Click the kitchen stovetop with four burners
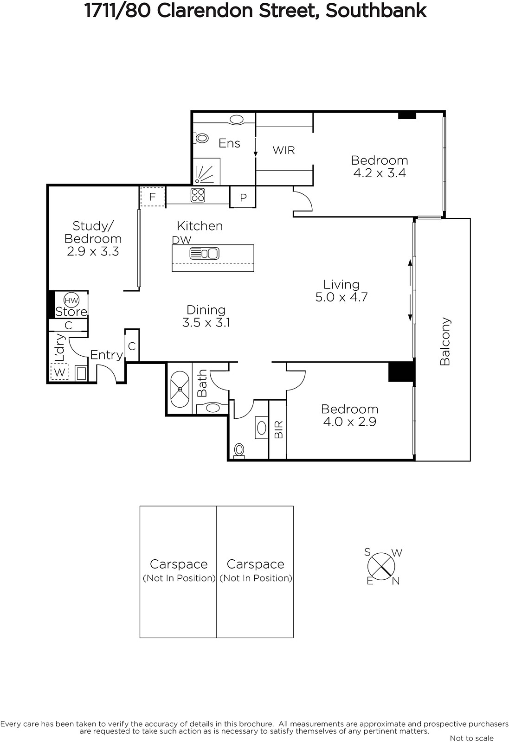pyautogui.click(x=198, y=195)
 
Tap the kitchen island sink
pyautogui.click(x=205, y=254)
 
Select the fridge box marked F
pyautogui.click(x=153, y=197)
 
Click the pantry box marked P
pyautogui.click(x=243, y=197)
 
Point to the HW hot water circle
pyautogui.click(x=71, y=301)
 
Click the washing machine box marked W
pyautogui.click(x=59, y=372)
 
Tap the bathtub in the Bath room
pyautogui.click(x=180, y=389)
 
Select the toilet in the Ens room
pyautogui.click(x=200, y=137)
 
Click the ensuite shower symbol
pyautogui.click(x=206, y=171)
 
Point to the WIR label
pyautogui.click(x=283, y=150)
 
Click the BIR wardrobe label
pyautogui.click(x=279, y=429)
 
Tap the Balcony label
pyautogui.click(x=445, y=341)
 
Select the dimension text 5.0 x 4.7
pyautogui.click(x=341, y=297)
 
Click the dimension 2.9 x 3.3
pyautogui.click(x=93, y=251)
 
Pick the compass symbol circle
pyautogui.click(x=381, y=566)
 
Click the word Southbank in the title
pyautogui.click(x=376, y=11)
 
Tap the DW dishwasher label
pyautogui.click(x=181, y=240)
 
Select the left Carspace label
pyautogui.click(x=179, y=564)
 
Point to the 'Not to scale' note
pyautogui.click(x=471, y=738)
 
